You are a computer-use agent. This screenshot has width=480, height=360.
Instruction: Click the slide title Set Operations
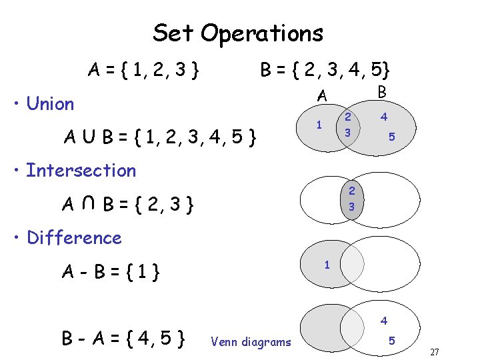tap(238, 33)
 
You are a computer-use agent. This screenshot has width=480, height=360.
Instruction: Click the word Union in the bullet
tap(50, 104)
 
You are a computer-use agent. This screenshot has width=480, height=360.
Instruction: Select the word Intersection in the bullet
tap(81, 171)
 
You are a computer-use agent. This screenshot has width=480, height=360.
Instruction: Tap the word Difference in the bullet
tap(74, 238)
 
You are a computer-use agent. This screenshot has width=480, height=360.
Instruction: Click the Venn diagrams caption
tap(251, 342)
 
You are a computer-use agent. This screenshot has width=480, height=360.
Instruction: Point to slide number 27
tap(435, 352)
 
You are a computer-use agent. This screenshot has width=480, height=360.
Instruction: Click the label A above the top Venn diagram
tap(322, 97)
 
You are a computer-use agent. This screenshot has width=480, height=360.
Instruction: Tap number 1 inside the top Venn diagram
tap(319, 125)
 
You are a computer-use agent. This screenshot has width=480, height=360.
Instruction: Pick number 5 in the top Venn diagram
tap(393, 137)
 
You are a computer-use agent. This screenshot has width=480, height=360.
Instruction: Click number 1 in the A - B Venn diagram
tap(327, 265)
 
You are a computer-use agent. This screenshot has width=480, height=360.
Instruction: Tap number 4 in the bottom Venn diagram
tap(384, 321)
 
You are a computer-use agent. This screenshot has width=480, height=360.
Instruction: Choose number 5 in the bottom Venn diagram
tap(393, 341)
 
